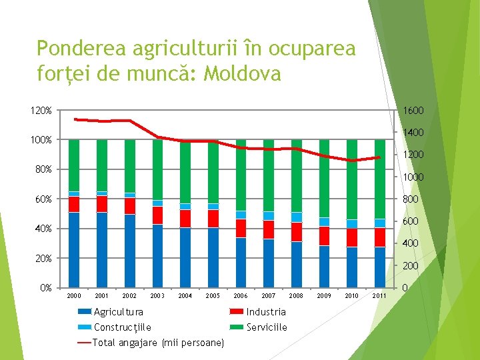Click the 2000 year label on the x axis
click(x=74, y=295)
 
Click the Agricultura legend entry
click(x=118, y=312)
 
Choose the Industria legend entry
click(x=265, y=312)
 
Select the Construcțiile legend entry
click(x=122, y=327)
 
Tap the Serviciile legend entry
click(x=267, y=327)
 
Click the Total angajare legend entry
click(x=158, y=343)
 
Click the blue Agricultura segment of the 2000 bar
click(x=74, y=250)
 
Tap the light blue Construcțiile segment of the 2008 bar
click(x=296, y=217)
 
